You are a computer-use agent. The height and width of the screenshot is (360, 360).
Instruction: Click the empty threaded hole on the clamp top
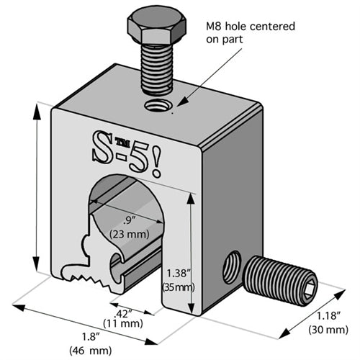[x=155, y=107]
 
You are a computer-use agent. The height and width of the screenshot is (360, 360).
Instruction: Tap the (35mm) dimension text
[x=177, y=287]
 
